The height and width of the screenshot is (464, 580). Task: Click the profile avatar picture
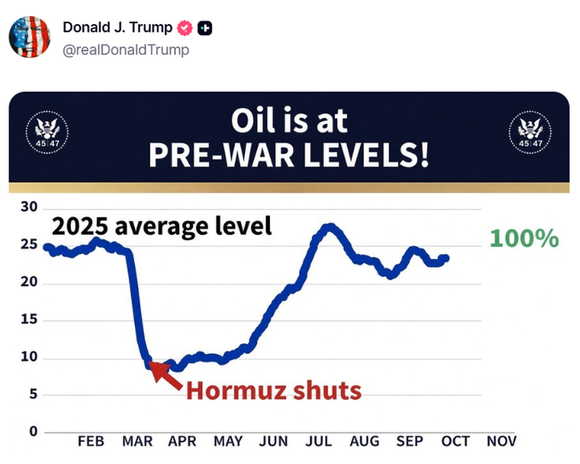pos(30,37)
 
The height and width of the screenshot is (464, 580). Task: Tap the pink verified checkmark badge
pos(185,28)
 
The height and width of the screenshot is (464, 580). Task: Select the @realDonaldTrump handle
pos(126,50)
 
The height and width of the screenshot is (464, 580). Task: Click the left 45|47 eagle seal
pos(47,132)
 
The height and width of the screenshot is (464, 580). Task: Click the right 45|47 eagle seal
pos(530,132)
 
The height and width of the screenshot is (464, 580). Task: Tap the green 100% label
pos(524,238)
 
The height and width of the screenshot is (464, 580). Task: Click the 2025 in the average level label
pos(80,226)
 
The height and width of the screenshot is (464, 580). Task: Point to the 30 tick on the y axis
pos(29,207)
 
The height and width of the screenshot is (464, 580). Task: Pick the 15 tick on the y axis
pos(29,319)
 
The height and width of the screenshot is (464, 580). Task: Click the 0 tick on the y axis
pos(33,431)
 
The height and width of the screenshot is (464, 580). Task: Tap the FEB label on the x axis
pos(91,441)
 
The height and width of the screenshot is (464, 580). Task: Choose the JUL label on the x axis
pos(319,441)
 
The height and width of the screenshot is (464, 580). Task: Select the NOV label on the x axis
pos(501,441)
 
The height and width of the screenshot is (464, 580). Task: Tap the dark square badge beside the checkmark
pos(204,28)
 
